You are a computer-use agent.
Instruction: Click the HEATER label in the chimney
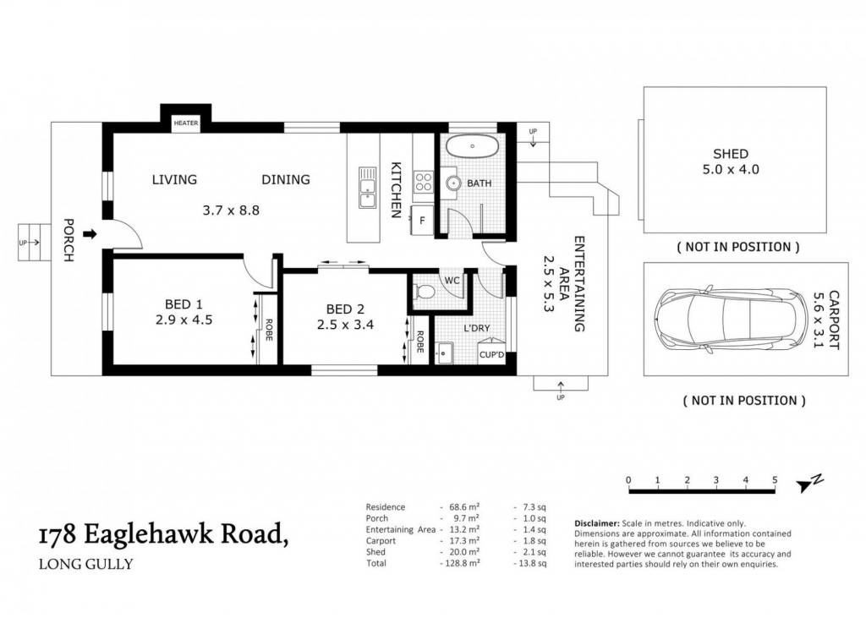[185, 123]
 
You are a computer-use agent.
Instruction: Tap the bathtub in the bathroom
[473, 146]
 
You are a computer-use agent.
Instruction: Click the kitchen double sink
[367, 188]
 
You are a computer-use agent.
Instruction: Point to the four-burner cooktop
[424, 182]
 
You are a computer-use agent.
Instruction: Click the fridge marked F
[423, 221]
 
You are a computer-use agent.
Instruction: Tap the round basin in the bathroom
[454, 183]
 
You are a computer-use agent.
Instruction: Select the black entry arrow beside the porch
[90, 235]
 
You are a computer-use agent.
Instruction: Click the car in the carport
[724, 320]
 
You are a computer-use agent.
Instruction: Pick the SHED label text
[731, 154]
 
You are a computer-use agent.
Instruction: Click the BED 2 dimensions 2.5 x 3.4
[345, 325]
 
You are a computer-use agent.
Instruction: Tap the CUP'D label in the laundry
[491, 354]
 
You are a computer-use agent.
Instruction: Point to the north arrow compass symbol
[809, 483]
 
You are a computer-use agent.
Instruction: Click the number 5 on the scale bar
[775, 480]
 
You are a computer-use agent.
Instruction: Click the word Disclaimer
[596, 523]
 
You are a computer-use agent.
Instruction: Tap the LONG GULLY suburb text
[85, 565]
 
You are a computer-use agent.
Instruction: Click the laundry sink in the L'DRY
[444, 353]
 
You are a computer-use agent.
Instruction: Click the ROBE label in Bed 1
[269, 330]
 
